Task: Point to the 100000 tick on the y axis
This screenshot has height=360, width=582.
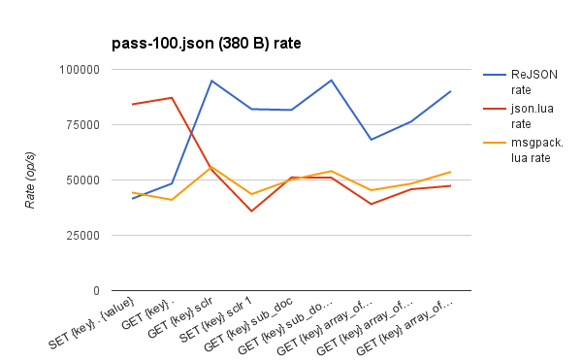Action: coord(79,70)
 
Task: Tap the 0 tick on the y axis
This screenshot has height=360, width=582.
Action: coord(94,291)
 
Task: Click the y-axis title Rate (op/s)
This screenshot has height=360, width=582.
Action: coord(32,180)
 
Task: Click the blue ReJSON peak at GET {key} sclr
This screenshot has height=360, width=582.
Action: coord(211,81)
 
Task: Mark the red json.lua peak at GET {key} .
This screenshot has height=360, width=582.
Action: coord(172,98)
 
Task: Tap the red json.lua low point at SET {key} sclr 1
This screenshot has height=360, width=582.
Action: coord(251,212)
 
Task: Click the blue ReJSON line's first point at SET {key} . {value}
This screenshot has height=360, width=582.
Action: coord(132,199)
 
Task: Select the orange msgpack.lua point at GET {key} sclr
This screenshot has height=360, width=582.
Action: coord(211,167)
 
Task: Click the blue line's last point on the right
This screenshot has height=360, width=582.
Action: coord(450,91)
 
